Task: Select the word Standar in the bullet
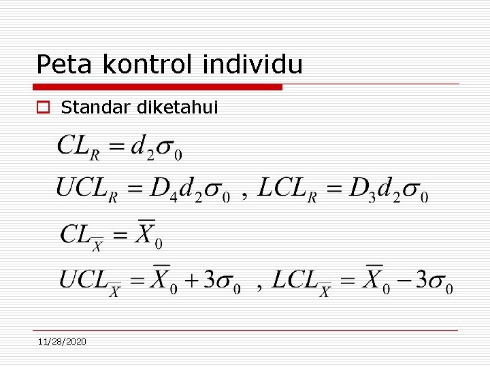pos(96,107)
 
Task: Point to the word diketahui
pos(178,107)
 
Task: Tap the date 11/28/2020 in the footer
pos(62,341)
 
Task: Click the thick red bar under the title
pos(157,87)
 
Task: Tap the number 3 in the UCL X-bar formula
pos(211,279)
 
